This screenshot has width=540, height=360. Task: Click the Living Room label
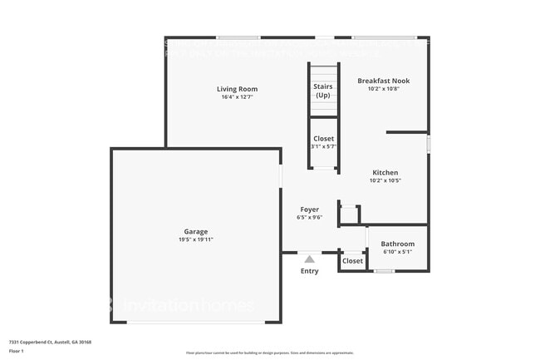[238, 89]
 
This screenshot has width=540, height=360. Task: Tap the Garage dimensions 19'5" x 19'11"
[196, 239]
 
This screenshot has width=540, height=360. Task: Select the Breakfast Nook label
[383, 81]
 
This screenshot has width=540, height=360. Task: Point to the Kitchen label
[385, 173]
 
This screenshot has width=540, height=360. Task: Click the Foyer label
[309, 210]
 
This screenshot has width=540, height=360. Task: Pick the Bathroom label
[397, 244]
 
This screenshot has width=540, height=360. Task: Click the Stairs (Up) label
[322, 91]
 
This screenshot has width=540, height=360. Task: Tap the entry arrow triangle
[309, 259]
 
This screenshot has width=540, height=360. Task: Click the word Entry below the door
[309, 271]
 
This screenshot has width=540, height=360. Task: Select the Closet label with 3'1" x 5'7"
[323, 139]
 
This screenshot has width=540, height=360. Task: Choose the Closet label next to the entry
[353, 261]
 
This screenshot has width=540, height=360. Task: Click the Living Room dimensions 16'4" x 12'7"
[238, 97]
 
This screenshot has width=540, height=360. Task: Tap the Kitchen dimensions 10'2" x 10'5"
[385, 180]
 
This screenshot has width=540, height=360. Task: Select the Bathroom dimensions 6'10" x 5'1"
[397, 251]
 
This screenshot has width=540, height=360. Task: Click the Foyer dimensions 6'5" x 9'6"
[309, 218]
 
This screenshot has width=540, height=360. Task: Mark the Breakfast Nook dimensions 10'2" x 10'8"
[383, 89]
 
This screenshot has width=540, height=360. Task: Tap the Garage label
[196, 231]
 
